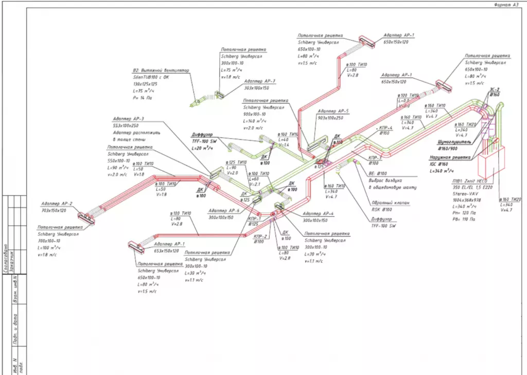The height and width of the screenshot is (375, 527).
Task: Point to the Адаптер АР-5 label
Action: (333, 111)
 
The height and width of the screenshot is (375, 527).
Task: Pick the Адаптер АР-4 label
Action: (318, 213)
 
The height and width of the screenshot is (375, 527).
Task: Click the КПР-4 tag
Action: (385, 128)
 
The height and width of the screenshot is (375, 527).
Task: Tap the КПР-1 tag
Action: (254, 218)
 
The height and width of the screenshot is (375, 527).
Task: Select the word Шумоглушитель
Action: (453, 141)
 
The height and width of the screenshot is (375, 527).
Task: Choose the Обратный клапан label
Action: (391, 203)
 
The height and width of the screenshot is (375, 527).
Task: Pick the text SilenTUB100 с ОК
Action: (151, 77)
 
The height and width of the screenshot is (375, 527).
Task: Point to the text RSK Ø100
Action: (382, 209)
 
